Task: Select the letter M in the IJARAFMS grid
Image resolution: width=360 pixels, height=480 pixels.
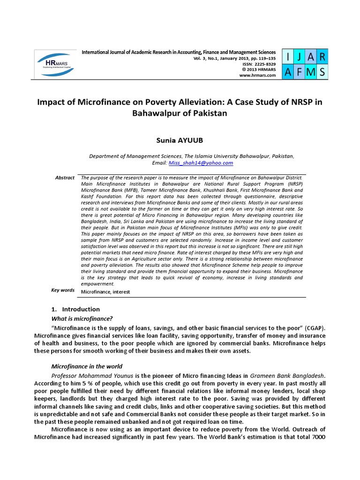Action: [x=310, y=71]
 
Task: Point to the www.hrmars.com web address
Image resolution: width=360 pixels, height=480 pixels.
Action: [x=257, y=75]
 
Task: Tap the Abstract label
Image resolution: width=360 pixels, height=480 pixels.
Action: [x=65, y=178]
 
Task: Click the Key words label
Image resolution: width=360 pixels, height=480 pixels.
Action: [x=63, y=290]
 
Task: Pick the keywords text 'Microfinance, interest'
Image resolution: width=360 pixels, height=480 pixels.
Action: [x=105, y=292]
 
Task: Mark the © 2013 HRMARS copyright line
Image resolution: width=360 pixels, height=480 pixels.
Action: [x=259, y=69]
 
